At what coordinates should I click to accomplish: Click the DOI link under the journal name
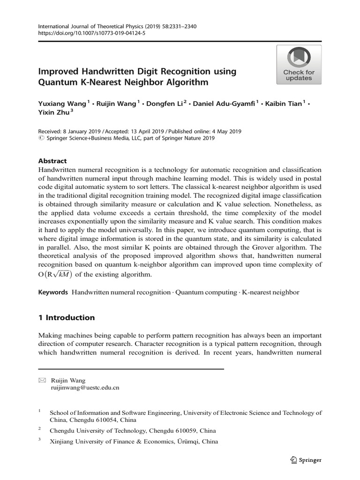pos(91,34)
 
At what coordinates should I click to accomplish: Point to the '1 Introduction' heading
pos(66,317)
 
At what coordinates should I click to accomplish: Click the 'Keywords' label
pos(53,292)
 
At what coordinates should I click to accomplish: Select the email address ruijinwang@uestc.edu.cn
pos(85,388)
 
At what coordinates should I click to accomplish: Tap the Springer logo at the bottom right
pos(305,460)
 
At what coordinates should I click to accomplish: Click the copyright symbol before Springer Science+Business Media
pos(40,139)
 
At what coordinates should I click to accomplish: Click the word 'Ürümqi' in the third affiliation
pos(188,441)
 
